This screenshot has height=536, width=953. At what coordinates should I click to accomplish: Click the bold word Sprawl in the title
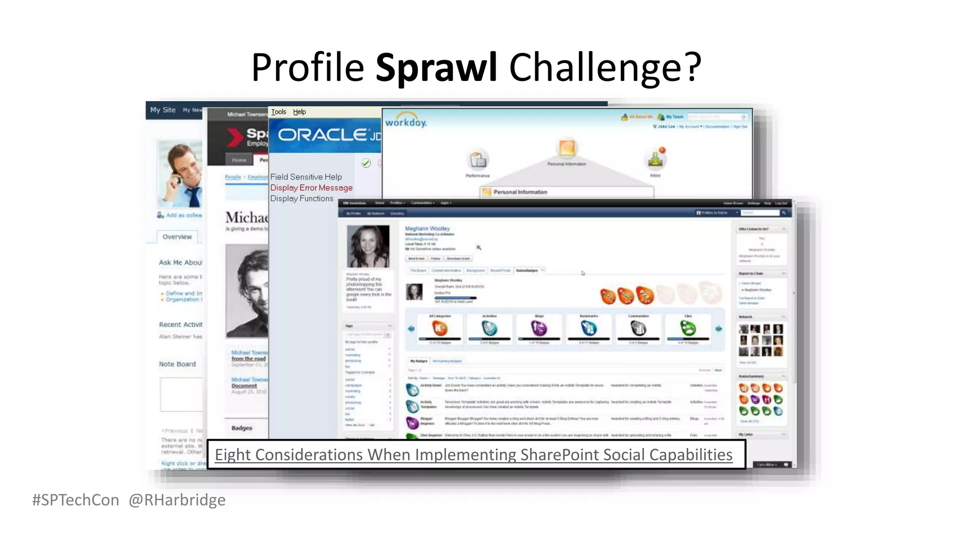436,67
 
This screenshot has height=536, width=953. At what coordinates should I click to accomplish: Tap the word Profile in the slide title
307,67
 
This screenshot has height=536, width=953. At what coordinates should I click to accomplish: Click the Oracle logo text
322,135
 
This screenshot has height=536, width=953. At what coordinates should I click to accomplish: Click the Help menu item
299,112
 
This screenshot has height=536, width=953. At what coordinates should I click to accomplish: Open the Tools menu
278,112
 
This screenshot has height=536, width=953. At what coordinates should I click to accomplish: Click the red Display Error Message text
311,188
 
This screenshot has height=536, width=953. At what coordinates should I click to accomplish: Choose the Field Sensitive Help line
306,177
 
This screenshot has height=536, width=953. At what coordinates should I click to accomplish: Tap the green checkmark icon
366,163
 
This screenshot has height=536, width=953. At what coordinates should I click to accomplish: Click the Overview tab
177,237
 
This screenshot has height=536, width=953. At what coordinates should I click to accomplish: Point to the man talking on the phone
181,174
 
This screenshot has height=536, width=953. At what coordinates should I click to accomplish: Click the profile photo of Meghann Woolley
369,246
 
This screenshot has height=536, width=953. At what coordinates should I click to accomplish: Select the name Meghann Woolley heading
427,228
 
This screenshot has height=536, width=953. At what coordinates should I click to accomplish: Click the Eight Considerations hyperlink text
473,455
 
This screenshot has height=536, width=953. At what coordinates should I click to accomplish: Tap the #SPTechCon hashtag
75,500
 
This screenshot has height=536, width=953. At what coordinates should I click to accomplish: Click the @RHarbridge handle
177,500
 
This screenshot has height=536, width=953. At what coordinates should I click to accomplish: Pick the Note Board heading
177,364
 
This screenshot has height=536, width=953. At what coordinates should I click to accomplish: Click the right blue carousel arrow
719,328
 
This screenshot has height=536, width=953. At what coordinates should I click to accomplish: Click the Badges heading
242,428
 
